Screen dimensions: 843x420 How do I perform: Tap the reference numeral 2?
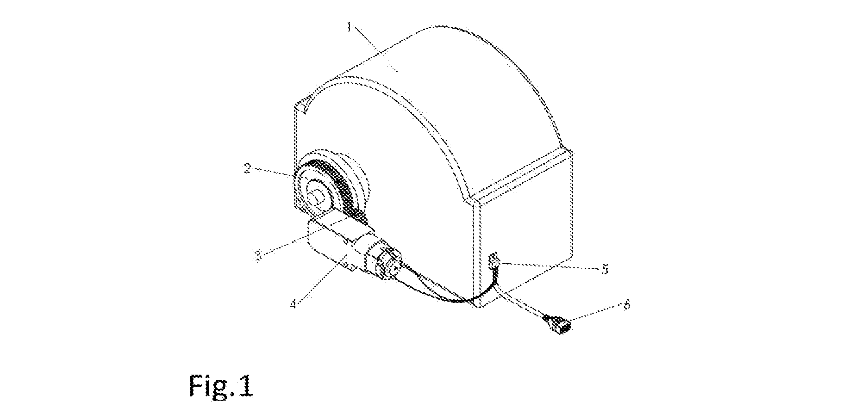[248, 168]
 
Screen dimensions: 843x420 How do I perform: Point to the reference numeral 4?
[293, 304]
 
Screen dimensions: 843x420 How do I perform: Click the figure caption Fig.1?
[221, 386]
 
